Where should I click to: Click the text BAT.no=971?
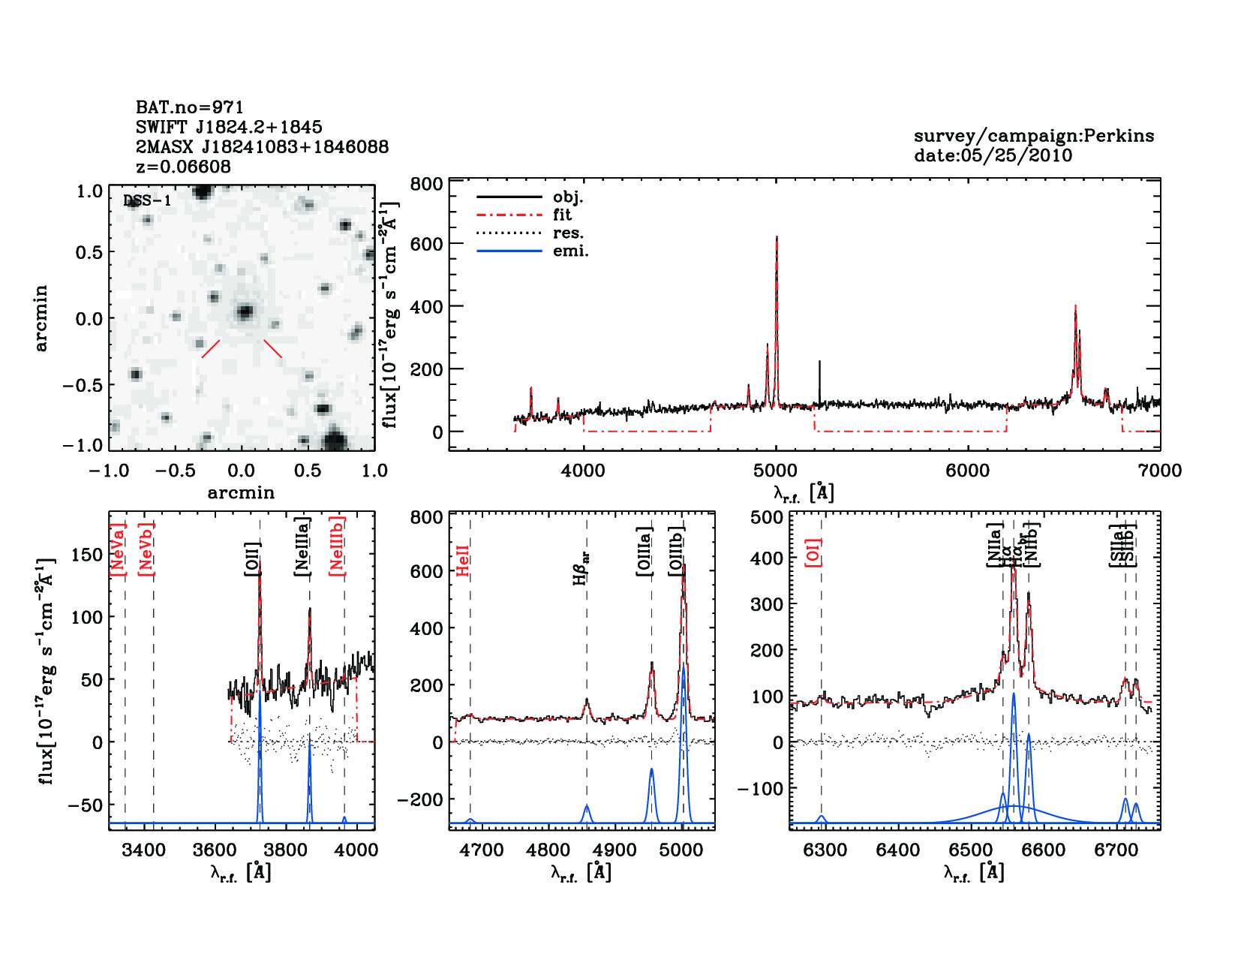(189, 107)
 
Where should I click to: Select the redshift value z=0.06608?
(183, 167)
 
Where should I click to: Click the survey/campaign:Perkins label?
(1033, 136)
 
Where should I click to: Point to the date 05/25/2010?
(993, 155)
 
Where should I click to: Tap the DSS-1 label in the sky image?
(147, 200)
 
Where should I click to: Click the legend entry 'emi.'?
(570, 251)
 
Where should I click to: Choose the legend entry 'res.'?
(568, 233)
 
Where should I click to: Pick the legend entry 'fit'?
(562, 215)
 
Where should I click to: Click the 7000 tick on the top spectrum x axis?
(1160, 471)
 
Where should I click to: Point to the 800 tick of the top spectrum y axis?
(427, 185)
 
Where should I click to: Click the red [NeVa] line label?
(118, 550)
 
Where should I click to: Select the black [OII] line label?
(252, 559)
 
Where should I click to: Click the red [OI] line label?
(813, 552)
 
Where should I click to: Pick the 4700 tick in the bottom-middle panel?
(482, 850)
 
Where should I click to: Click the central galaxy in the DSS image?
(245, 312)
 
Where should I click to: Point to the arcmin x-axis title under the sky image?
(241, 493)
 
